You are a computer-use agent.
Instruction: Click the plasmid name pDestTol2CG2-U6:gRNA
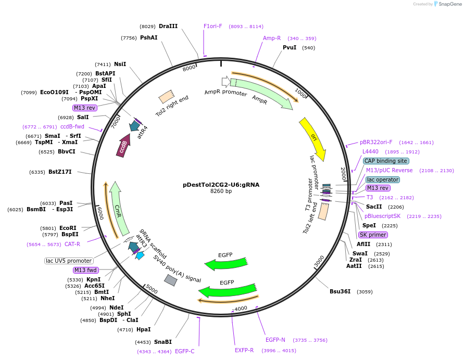point(221,184)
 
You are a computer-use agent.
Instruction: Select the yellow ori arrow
point(313,139)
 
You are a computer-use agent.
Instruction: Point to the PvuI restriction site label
point(290,47)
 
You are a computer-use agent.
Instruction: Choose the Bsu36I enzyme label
point(340,291)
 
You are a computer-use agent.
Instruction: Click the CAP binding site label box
point(385,161)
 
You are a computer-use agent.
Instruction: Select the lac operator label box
point(383,179)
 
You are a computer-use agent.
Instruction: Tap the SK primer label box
point(373,235)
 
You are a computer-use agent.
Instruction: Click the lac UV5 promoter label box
point(69,261)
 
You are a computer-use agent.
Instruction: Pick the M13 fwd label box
point(86,270)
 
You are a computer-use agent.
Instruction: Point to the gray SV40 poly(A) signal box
point(170,280)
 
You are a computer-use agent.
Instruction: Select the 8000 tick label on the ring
point(189,67)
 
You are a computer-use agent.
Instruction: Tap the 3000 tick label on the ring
point(319,261)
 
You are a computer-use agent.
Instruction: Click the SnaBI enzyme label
point(162,342)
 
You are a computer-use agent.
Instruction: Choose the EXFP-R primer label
point(244,350)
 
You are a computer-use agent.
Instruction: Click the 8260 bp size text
point(221,191)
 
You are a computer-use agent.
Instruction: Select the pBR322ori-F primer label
point(376,142)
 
